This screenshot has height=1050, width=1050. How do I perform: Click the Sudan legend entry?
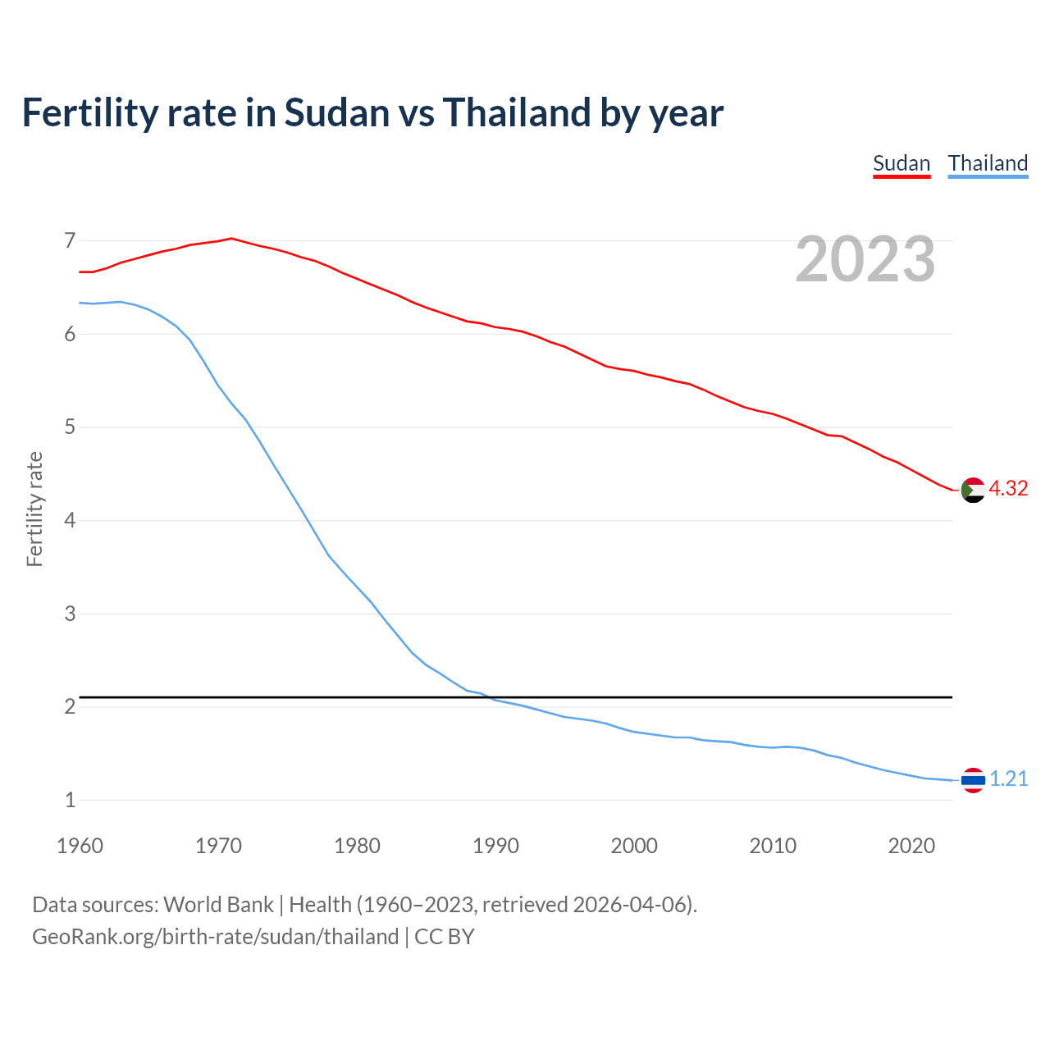point(901,163)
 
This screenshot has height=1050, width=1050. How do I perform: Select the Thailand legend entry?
point(988,163)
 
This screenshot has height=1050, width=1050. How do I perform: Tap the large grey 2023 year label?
point(865,259)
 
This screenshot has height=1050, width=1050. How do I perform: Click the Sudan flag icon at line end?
point(973,490)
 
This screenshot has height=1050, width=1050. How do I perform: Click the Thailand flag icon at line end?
point(973,779)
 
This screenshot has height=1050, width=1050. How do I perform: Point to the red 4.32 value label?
point(1008,488)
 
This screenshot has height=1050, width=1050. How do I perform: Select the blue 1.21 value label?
point(1008,778)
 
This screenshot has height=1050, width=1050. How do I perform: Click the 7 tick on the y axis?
point(70,240)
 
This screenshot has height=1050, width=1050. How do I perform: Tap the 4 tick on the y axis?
point(70,520)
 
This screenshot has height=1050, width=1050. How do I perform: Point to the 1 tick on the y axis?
point(70,800)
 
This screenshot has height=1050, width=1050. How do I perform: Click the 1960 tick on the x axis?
point(80,846)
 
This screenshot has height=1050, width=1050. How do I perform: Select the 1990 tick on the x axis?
point(495,846)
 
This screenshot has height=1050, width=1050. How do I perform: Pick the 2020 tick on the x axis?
point(911,846)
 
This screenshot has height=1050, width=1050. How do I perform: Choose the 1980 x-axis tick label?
point(357,846)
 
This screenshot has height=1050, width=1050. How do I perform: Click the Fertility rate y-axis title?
point(34,509)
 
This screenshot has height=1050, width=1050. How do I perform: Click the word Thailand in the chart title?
point(516,112)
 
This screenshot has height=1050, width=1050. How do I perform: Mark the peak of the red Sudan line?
point(231,239)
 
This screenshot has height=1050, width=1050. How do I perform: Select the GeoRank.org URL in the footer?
point(215,936)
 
